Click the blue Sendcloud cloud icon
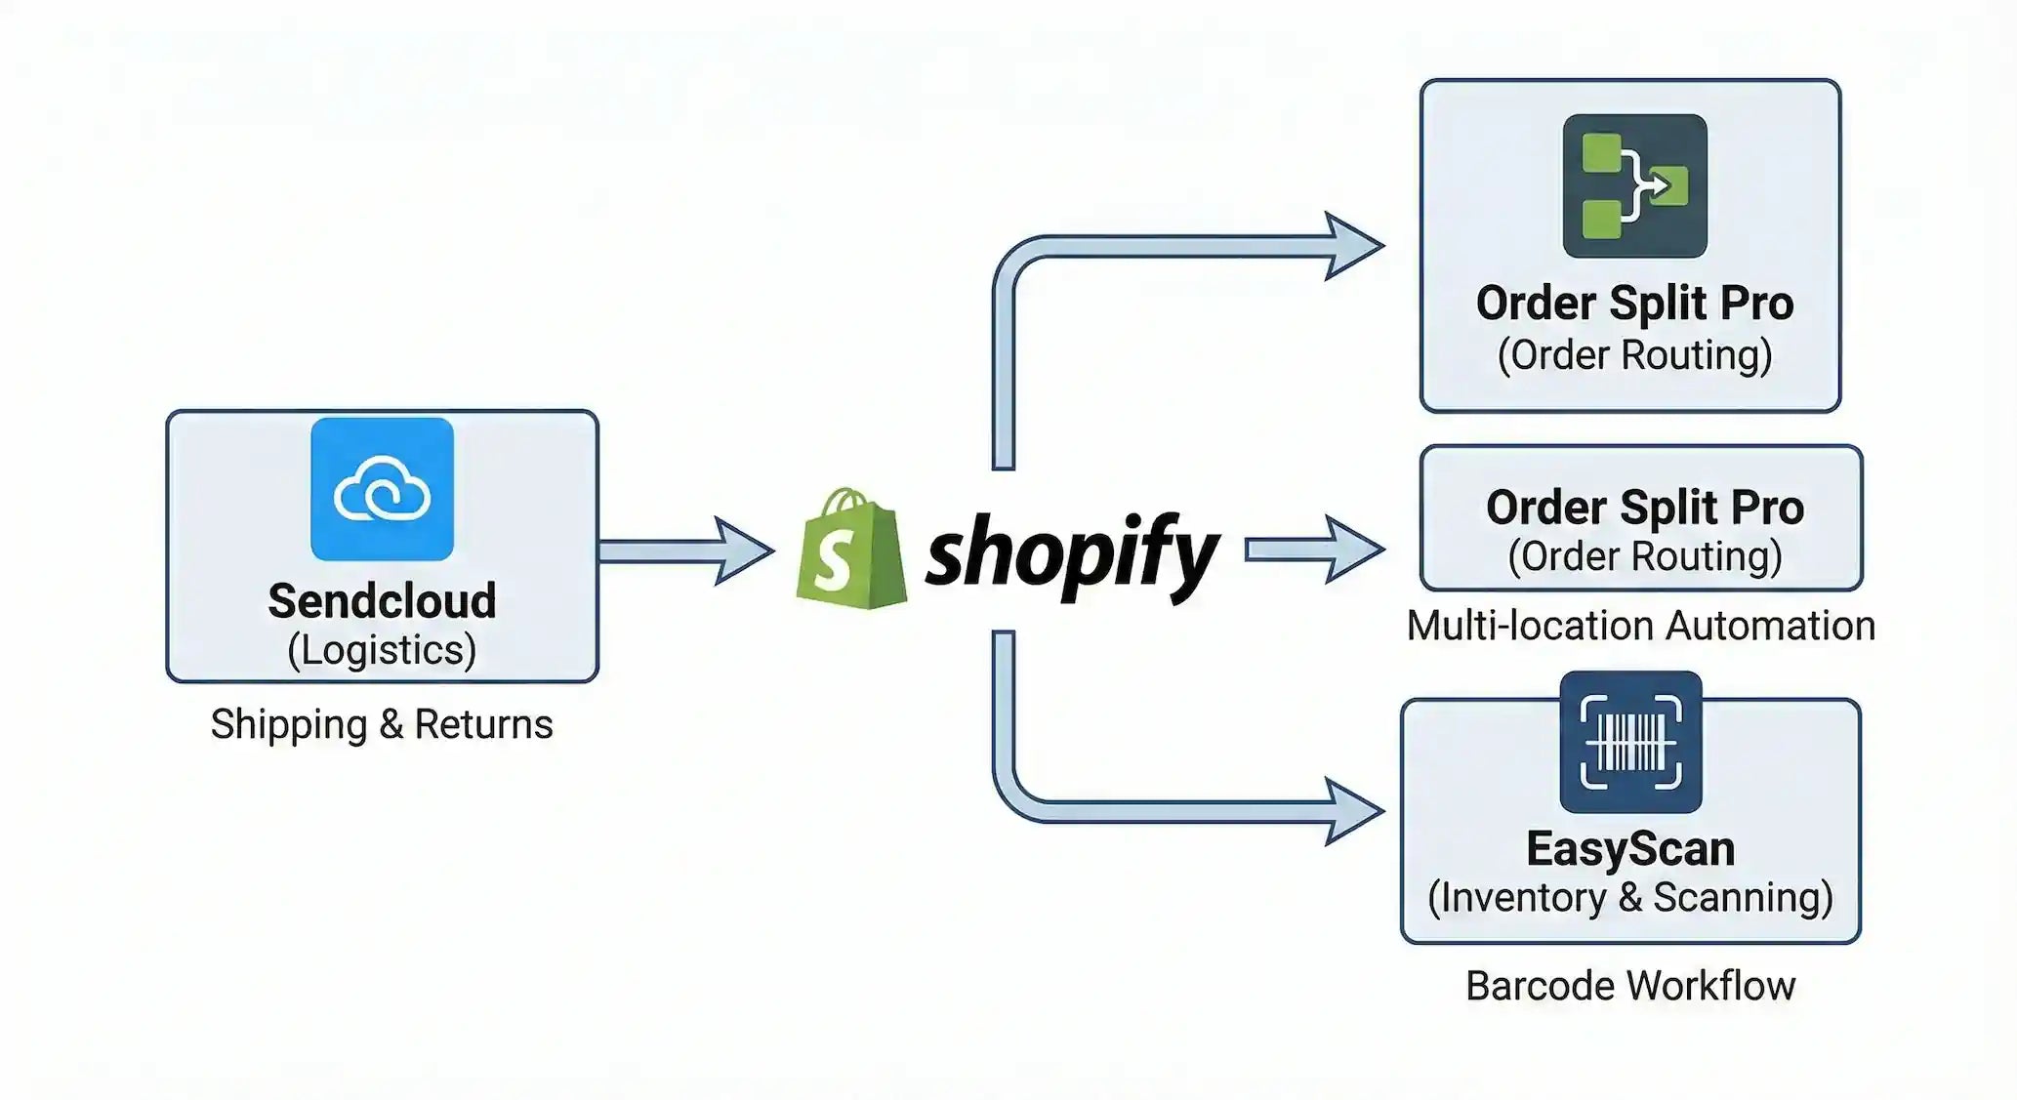point(382,489)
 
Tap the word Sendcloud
point(382,600)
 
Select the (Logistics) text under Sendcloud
point(382,650)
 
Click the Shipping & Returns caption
point(382,724)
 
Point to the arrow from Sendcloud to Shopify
point(683,551)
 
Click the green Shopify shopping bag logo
point(849,550)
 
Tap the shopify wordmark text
point(1071,554)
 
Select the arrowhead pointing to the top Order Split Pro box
point(1352,246)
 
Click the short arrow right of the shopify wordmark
point(1313,550)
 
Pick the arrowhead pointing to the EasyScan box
point(1352,810)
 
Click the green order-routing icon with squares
point(1634,185)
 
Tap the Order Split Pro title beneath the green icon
point(1634,303)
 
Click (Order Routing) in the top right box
point(1634,354)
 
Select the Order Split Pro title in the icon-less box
point(1644,508)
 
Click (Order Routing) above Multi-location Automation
point(1644,556)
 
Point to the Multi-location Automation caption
point(1640,626)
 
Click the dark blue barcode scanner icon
point(1630,742)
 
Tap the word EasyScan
point(1630,848)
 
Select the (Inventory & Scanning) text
point(1630,897)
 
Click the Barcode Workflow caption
point(1630,986)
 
